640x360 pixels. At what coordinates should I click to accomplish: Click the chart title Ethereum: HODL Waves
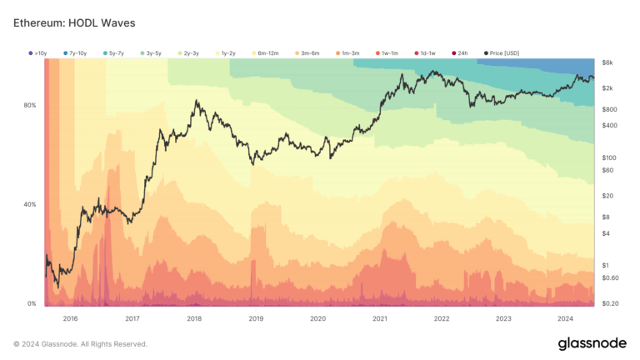click(x=74, y=22)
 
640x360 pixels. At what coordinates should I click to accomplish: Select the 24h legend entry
click(x=461, y=52)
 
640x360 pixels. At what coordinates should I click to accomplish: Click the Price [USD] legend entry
click(x=502, y=52)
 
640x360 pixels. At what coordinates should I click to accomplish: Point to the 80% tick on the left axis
click(x=29, y=105)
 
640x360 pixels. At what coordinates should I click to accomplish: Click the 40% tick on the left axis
click(x=29, y=204)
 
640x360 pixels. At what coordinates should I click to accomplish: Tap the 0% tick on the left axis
click(x=31, y=304)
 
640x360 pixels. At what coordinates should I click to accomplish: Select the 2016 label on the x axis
click(x=70, y=318)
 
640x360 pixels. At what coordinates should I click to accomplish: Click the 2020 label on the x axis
click(x=317, y=318)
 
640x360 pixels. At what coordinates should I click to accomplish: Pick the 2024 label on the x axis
click(x=564, y=318)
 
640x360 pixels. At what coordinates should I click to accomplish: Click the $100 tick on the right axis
click(x=608, y=157)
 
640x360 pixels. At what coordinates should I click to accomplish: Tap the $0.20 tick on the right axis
click(x=610, y=304)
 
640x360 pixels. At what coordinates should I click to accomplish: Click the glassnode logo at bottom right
click(x=592, y=343)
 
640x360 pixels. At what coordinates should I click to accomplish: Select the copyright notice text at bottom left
click(x=80, y=343)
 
